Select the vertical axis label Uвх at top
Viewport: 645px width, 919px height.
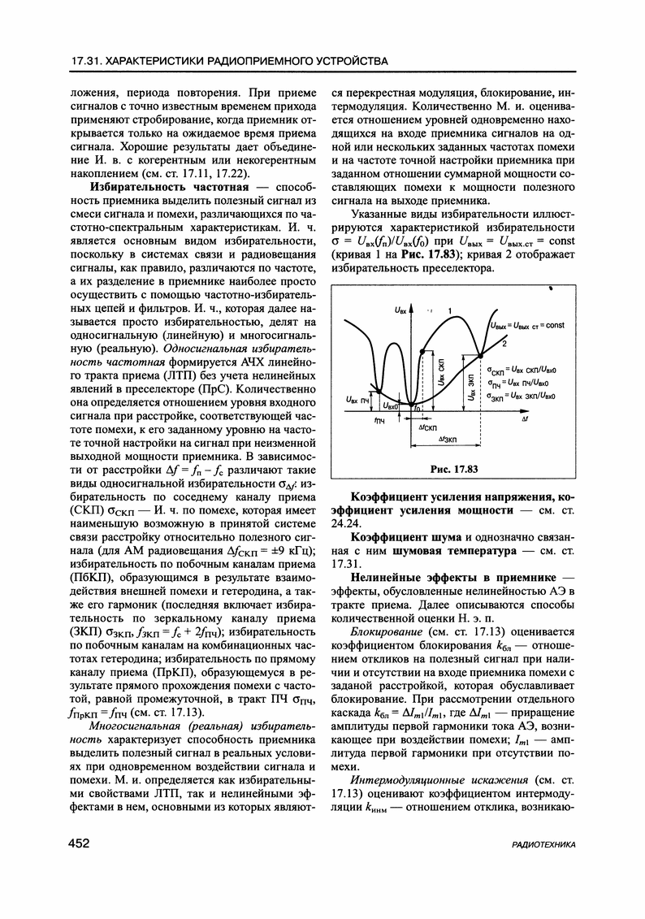pyautogui.click(x=399, y=310)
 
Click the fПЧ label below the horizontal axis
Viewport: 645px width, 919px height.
pyautogui.click(x=379, y=423)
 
